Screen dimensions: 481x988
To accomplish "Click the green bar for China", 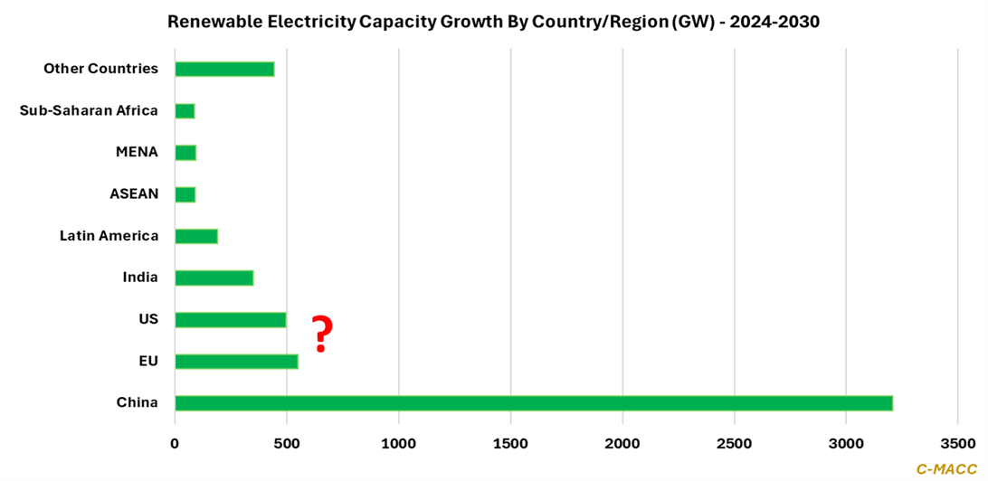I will (x=534, y=403).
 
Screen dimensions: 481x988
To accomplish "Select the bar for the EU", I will (x=236, y=362).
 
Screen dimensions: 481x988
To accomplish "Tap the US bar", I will (x=230, y=320).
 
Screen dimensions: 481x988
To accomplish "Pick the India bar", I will (x=214, y=278).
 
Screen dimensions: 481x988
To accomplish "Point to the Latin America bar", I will (x=196, y=236).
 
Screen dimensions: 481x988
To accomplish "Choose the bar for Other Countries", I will (x=224, y=69).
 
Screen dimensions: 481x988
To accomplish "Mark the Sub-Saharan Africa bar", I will (x=185, y=111).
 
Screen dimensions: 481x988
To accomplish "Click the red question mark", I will (x=321, y=334).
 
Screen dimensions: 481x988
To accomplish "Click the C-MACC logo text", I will (x=946, y=468).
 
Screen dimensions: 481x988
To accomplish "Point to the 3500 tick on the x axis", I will (x=958, y=444).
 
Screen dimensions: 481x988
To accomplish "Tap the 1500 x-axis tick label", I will (x=510, y=444).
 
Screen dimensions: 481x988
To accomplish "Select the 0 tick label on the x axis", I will (x=175, y=444).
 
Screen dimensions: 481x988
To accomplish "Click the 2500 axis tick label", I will (x=734, y=444).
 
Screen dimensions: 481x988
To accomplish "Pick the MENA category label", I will (x=138, y=152).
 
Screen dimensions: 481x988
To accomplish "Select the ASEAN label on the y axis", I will (x=134, y=194).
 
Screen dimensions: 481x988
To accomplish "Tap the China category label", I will (x=138, y=403).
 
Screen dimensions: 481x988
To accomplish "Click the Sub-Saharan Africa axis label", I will (x=89, y=110).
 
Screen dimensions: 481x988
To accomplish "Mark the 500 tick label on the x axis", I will (x=287, y=444).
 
